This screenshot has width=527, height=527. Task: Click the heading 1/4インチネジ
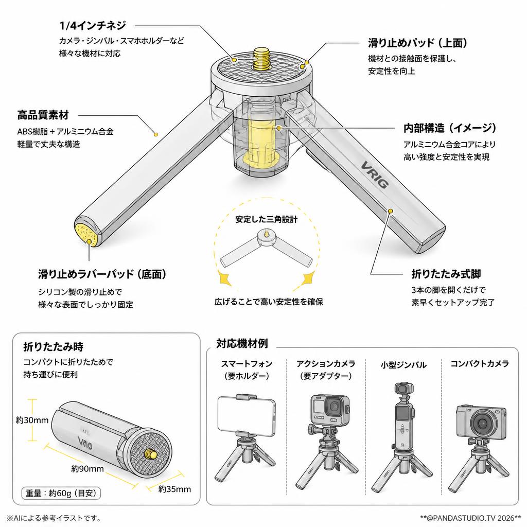point(93,25)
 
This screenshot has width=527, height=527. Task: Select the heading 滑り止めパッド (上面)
point(417,43)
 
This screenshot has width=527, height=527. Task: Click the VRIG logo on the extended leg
point(375,174)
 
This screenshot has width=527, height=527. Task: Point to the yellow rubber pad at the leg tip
point(86,235)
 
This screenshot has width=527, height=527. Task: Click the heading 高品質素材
point(43,115)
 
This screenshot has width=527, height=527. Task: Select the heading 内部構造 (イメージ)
point(450,128)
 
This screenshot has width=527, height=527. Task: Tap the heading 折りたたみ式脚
point(446,274)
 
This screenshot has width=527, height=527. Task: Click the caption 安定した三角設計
point(266,219)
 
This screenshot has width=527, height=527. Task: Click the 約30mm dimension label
point(32,420)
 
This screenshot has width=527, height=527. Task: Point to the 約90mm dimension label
point(87,468)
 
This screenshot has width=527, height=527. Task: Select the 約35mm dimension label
point(175,489)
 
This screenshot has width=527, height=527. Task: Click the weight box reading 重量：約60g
point(61,493)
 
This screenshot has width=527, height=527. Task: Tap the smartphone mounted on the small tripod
point(247,415)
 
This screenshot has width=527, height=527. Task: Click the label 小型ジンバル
point(403,365)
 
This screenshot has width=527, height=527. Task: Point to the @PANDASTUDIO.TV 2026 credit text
point(470,518)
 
